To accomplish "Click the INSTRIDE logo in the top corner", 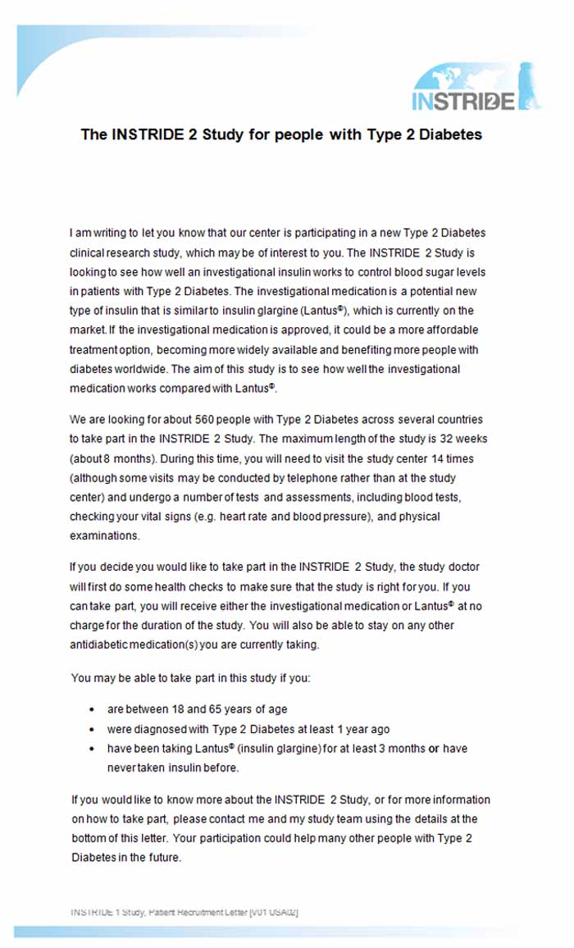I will pos(476,90).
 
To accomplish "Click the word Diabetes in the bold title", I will pos(450,134).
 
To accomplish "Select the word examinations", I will pos(105,536).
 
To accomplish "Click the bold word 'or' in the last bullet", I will pos(434,749).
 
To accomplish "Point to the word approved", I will pos(289,330).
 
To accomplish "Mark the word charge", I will pos(87,625).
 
